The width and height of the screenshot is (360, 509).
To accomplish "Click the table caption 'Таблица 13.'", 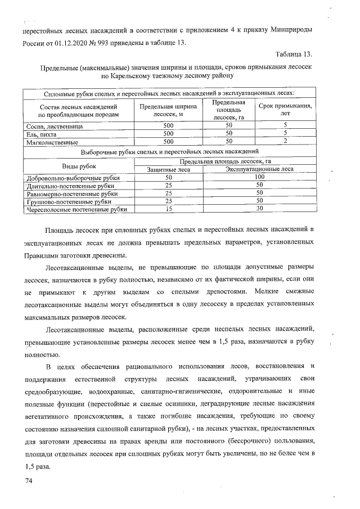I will [x=293, y=54].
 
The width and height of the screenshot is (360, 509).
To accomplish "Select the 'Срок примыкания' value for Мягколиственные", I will [x=285, y=142].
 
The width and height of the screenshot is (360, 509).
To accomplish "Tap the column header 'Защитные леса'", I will [x=168, y=169].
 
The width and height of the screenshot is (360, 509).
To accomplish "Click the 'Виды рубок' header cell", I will [x=78, y=165].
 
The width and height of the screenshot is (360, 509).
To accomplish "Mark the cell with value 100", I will [x=259, y=177].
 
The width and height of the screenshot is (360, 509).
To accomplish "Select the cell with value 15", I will [x=168, y=209].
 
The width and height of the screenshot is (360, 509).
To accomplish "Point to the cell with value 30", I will [x=259, y=209].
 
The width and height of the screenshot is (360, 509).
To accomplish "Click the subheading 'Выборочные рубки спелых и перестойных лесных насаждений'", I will [x=169, y=151].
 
